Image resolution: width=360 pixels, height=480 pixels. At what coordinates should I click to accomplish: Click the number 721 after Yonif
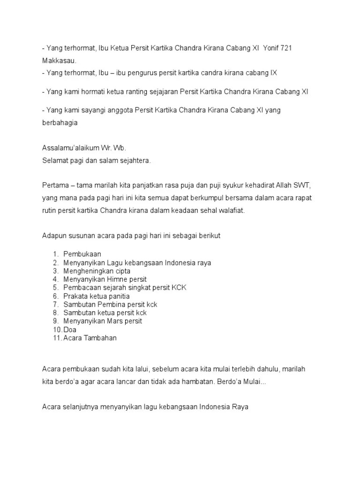tap(286, 49)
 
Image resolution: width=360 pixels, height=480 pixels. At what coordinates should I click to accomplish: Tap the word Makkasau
tap(59, 61)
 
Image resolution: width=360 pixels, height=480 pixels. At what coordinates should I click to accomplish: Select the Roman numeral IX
tap(274, 73)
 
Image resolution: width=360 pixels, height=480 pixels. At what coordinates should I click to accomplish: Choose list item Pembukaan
tap(82, 254)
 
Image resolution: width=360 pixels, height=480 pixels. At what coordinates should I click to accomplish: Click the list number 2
tap(55, 262)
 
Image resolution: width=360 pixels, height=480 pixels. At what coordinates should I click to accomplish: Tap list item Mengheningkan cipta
tap(97, 271)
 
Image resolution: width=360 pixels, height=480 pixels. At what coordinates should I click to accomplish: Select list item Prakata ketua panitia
tap(96, 296)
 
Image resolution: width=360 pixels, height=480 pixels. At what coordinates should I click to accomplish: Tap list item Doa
tap(70, 330)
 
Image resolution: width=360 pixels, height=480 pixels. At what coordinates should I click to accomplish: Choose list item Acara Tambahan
tap(90, 338)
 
